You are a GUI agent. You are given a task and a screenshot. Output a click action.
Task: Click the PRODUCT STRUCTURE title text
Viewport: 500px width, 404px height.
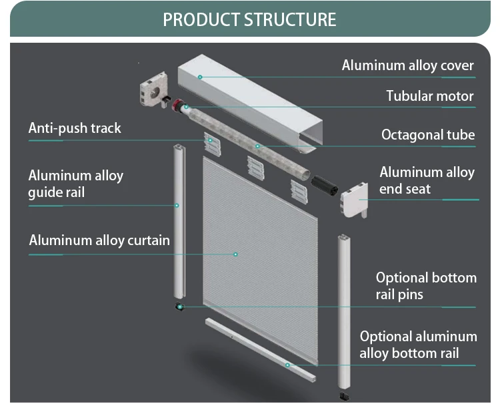click(249, 19)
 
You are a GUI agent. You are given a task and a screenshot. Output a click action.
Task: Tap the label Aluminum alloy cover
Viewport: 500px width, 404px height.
click(407, 65)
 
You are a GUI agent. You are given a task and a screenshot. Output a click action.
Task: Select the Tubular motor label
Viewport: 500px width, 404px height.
click(430, 96)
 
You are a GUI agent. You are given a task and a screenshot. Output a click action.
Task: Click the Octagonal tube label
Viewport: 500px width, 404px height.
click(428, 135)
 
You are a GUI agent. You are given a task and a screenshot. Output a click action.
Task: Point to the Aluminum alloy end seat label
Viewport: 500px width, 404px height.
click(427, 180)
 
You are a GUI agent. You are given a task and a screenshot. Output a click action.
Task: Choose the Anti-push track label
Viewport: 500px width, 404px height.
click(75, 128)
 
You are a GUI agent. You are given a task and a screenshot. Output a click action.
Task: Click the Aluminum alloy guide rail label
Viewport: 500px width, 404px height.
click(75, 184)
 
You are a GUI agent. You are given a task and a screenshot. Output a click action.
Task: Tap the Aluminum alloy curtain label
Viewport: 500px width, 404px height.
click(99, 240)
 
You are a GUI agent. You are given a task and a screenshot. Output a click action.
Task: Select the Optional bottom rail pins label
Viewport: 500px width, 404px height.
click(426, 285)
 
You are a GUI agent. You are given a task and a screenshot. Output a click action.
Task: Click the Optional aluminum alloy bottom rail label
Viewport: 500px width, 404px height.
click(418, 345)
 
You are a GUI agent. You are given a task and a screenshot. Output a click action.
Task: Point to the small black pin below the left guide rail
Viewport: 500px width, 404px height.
click(178, 307)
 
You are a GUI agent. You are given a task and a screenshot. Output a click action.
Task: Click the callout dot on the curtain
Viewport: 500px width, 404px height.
click(235, 254)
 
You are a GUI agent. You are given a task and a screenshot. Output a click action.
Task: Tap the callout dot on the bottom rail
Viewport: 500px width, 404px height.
click(288, 365)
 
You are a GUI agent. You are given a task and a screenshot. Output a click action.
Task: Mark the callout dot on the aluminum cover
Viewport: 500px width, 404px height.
click(199, 77)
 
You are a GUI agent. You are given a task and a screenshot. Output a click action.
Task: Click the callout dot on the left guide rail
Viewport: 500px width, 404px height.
click(177, 206)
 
